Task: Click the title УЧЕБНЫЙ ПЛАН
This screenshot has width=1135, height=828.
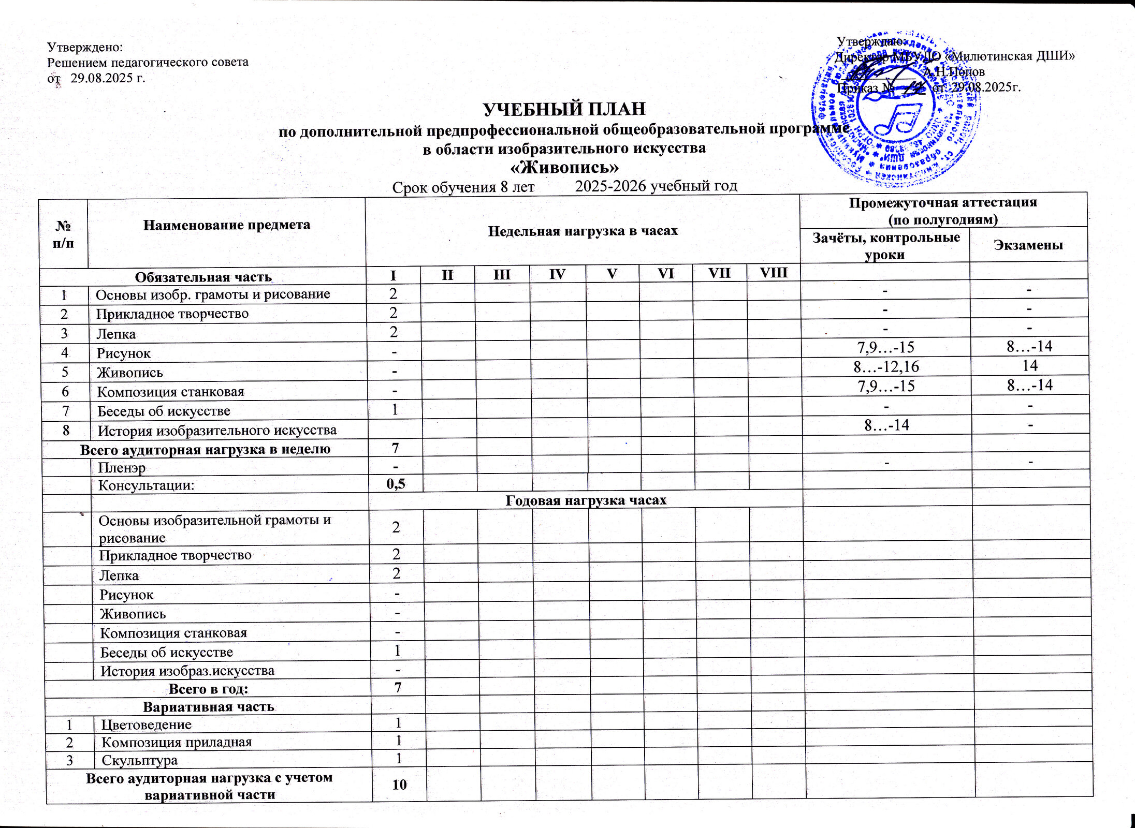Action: click(x=564, y=109)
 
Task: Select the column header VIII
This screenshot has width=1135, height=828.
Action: click(x=773, y=273)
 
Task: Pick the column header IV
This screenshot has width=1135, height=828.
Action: click(x=557, y=274)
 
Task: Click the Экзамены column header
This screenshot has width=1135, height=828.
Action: click(x=1028, y=245)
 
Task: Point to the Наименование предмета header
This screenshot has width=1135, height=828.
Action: click(x=227, y=225)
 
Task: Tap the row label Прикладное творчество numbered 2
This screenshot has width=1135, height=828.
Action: click(x=172, y=314)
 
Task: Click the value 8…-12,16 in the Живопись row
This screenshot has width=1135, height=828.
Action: click(x=886, y=367)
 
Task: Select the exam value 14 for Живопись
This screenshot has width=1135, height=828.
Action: click(x=1030, y=366)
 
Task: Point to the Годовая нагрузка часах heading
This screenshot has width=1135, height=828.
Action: click(x=586, y=500)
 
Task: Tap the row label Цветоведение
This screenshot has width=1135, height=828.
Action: click(x=147, y=724)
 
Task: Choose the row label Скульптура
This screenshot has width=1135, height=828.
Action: click(x=139, y=760)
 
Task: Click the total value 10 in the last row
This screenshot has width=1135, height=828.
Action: click(x=399, y=785)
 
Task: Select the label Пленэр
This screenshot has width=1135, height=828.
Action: click(x=122, y=467)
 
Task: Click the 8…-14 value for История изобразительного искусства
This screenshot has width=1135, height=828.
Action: click(x=887, y=425)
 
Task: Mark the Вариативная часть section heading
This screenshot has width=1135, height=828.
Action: click(x=209, y=707)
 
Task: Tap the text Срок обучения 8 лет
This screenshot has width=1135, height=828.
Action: click(x=463, y=187)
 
